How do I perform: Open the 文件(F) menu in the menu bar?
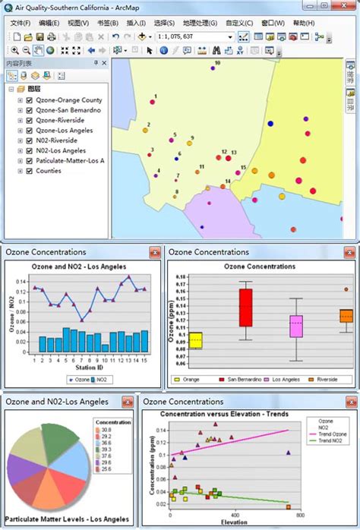click(x=21, y=23)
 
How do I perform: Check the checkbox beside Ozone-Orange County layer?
click(x=30, y=100)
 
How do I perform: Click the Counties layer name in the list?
click(x=49, y=171)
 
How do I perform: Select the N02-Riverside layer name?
click(x=56, y=140)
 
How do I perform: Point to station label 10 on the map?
click(x=217, y=63)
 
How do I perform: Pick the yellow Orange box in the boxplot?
click(x=195, y=340)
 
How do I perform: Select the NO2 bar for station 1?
click(x=34, y=345)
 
